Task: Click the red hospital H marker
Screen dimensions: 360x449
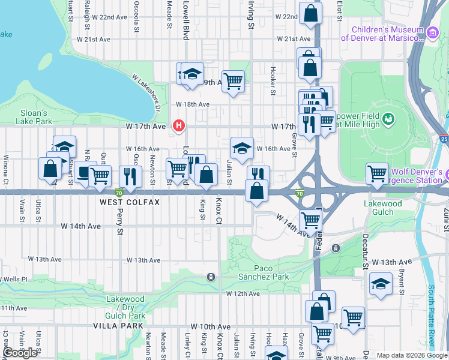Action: coord(178,125)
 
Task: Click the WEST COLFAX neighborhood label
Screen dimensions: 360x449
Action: coord(130,202)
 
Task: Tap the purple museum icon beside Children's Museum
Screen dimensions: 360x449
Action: coord(432,33)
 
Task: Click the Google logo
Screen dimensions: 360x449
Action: coord(20,353)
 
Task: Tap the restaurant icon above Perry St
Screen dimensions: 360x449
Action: coord(129,176)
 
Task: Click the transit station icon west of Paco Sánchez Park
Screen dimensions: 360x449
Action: coord(211,277)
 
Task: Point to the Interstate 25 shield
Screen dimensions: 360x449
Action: coord(443,139)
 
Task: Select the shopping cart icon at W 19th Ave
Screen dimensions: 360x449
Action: coord(233,80)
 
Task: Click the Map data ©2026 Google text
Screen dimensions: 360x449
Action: coord(412,355)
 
